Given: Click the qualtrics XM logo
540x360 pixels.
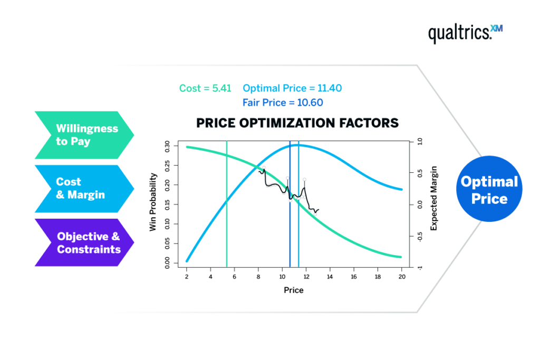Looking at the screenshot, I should (x=465, y=33).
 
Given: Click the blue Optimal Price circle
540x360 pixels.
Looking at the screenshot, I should (x=489, y=190).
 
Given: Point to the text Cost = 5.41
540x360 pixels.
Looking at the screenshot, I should (x=205, y=89).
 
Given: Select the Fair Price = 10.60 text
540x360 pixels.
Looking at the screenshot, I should (x=283, y=103).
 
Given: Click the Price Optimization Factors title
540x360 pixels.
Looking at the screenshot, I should (x=297, y=123).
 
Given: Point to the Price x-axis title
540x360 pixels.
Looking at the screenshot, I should (x=294, y=290).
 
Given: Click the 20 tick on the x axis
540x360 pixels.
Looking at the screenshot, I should (x=401, y=277).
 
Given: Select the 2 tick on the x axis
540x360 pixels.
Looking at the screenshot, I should (x=187, y=277).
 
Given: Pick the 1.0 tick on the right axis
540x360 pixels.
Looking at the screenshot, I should (x=420, y=142).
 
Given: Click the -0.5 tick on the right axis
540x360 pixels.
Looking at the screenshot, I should (x=420, y=237).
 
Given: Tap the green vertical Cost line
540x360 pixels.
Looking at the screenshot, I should (x=227, y=232).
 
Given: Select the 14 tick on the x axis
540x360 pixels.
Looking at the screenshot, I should (x=330, y=277).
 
